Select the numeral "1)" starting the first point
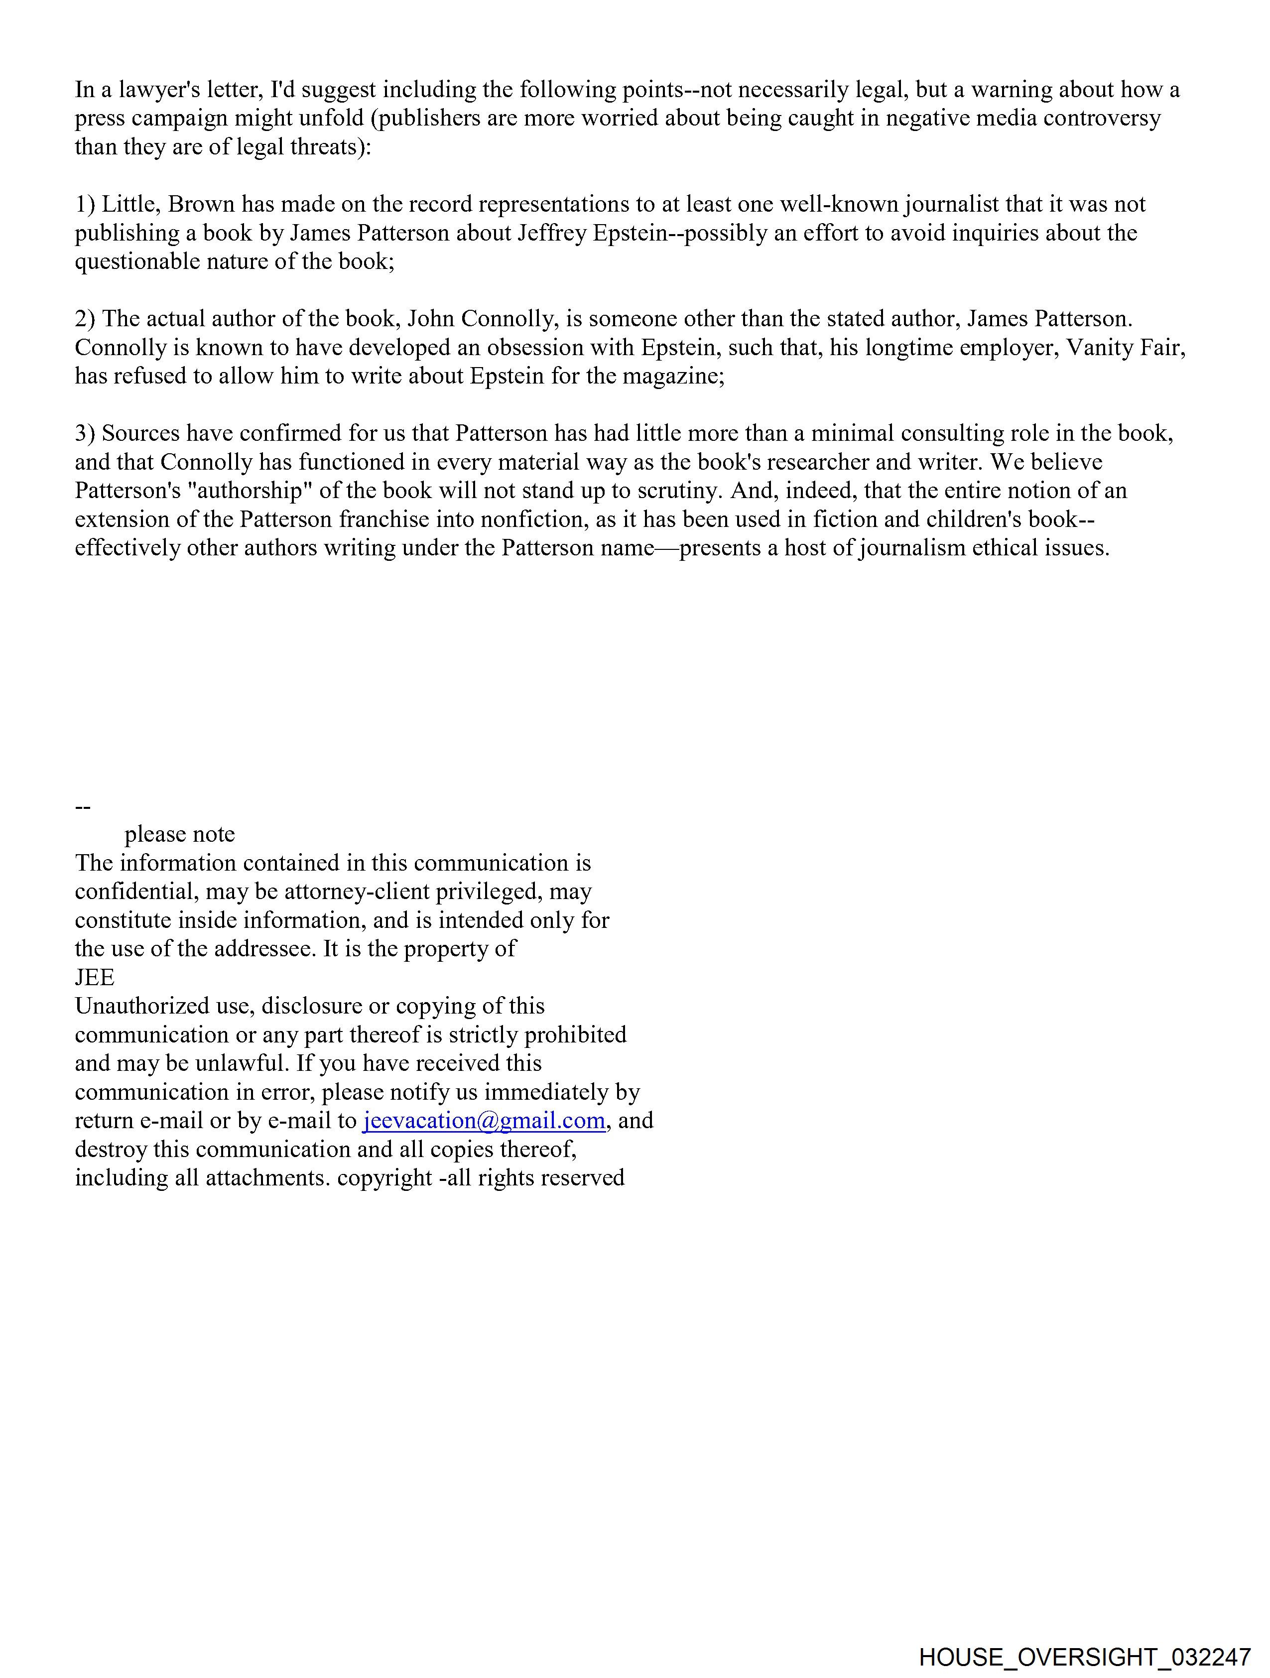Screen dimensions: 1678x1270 pos(85,205)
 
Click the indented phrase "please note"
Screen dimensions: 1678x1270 pos(180,834)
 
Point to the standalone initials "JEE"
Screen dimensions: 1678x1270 pos(95,977)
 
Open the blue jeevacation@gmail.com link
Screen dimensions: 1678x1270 pos(484,1121)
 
